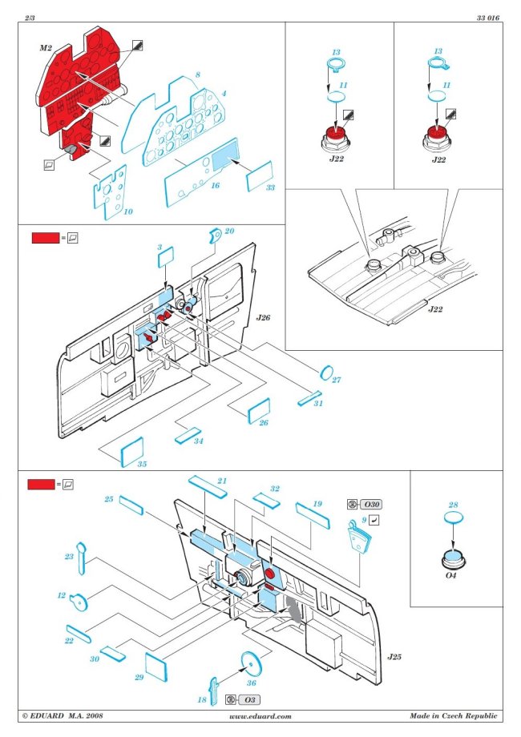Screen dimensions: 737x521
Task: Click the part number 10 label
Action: point(127,211)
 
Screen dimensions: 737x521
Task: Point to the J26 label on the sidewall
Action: point(264,318)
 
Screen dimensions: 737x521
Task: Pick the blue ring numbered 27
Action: point(327,371)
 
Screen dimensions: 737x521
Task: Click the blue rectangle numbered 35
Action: point(131,453)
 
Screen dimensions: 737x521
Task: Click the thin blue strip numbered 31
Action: point(309,398)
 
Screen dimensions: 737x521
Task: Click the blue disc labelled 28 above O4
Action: point(453,520)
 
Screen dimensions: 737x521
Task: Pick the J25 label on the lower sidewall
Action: point(394,657)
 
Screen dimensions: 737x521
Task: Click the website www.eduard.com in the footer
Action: point(260,716)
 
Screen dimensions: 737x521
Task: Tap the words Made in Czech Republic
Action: point(453,716)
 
